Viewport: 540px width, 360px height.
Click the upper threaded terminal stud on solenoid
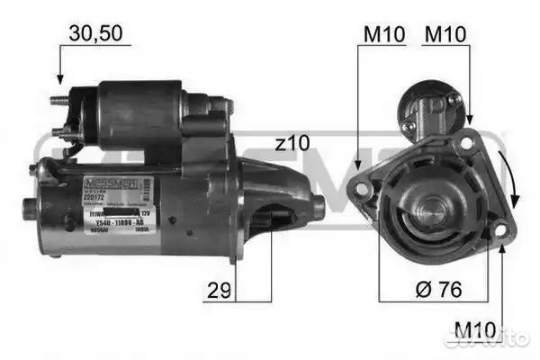(x=58, y=100)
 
